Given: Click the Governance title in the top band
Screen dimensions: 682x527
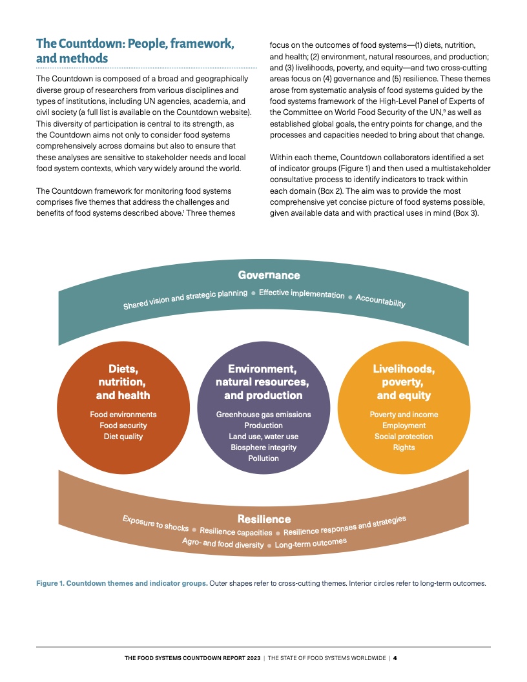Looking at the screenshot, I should (x=269, y=276).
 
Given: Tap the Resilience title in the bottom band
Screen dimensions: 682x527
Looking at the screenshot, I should (x=264, y=519).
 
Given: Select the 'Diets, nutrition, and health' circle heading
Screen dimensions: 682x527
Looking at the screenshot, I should (x=123, y=382).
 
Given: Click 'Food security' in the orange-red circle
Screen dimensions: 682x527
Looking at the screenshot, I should (x=123, y=426).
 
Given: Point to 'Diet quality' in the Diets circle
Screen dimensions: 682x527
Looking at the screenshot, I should (x=123, y=437).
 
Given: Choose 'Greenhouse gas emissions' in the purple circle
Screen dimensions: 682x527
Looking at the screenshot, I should (x=263, y=415).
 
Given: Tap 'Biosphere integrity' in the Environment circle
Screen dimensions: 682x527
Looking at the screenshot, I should (x=263, y=448).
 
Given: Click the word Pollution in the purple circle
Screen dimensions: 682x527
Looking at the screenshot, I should (x=263, y=459).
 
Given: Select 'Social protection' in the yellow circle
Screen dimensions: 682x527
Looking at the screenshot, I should (x=404, y=437).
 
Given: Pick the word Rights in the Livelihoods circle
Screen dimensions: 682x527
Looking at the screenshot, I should (x=404, y=448).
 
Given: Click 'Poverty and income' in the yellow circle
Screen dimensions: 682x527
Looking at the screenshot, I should (x=404, y=415).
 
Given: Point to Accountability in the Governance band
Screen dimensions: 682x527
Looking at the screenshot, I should (x=380, y=301).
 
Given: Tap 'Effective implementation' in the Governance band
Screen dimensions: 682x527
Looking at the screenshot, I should (x=302, y=294).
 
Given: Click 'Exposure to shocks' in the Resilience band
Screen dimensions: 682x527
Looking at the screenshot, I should (x=155, y=523).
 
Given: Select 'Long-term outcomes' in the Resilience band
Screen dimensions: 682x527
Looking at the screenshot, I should (x=311, y=543).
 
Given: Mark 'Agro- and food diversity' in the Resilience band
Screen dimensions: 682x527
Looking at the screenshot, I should (x=223, y=543).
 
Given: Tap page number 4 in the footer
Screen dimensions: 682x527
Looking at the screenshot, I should (x=395, y=658).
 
